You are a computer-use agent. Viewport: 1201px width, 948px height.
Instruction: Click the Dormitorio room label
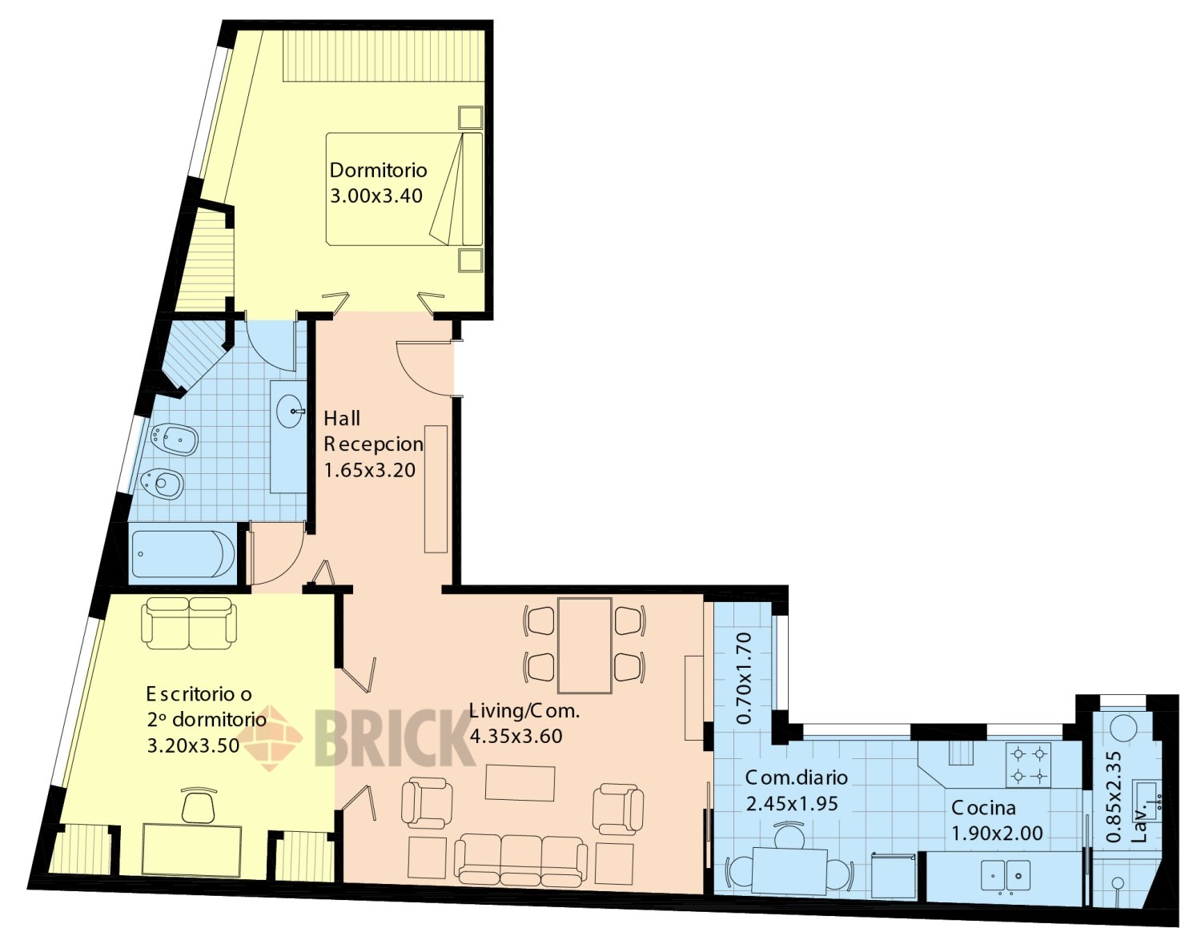379,170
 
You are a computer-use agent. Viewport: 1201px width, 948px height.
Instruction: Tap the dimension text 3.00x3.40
376,196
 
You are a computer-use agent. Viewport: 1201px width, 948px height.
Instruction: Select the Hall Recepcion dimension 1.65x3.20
369,470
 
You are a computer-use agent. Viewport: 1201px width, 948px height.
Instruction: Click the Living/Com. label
524,711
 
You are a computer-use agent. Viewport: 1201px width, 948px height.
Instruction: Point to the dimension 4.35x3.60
516,737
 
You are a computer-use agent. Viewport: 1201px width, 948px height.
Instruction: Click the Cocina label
983,808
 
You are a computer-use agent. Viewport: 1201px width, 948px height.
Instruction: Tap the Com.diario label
797,777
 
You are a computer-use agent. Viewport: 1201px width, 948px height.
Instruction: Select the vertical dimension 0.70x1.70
745,678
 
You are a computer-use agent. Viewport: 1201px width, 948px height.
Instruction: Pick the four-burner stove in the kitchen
1029,765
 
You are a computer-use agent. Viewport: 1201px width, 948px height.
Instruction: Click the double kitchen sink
1006,876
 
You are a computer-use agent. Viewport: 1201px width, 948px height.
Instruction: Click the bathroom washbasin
289,412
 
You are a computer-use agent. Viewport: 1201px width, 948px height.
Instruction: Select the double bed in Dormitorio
404,189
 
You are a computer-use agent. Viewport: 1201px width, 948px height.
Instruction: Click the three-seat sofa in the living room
520,861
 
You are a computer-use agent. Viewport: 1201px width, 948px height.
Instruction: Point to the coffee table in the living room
520,783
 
